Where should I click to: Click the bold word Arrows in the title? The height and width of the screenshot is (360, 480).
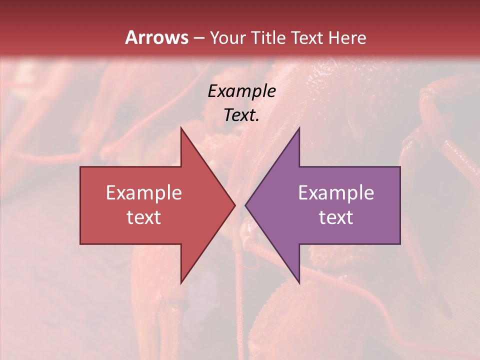click(156, 37)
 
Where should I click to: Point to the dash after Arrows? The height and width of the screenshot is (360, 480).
click(198, 38)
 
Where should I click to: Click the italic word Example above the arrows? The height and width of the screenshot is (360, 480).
click(241, 91)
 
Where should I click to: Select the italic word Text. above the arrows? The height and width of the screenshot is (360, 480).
click(241, 115)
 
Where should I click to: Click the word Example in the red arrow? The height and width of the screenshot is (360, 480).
click(143, 193)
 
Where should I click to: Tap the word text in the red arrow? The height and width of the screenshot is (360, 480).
click(143, 217)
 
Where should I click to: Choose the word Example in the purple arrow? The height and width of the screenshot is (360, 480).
click(336, 193)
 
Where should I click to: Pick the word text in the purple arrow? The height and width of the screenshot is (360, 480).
click(336, 217)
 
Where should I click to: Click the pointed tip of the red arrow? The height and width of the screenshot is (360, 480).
click(235, 205)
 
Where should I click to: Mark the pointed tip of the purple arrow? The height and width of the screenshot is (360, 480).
click(245, 205)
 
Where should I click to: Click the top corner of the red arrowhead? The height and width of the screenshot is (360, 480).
click(181, 128)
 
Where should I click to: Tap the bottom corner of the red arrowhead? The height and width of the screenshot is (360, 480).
click(181, 283)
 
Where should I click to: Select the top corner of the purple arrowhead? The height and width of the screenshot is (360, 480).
click(299, 128)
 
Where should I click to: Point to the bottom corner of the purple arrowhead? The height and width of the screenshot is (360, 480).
click(299, 283)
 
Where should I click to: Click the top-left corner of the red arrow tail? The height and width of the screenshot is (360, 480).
click(80, 167)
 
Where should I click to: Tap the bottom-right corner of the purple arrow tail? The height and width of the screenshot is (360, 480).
click(400, 244)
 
